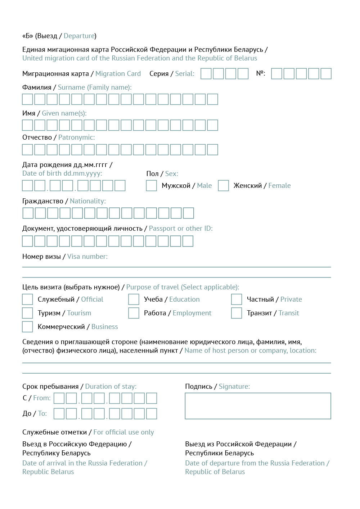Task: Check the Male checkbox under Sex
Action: [x=152, y=186]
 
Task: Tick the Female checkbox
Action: [x=224, y=186]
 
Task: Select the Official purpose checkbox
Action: [x=27, y=299]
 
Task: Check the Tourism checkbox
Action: [x=27, y=313]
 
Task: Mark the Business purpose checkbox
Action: [x=27, y=327]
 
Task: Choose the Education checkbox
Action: [x=134, y=299]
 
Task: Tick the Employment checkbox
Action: [x=134, y=313]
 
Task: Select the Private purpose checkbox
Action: [x=237, y=299]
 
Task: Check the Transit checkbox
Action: [x=237, y=313]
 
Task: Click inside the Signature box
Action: [x=258, y=406]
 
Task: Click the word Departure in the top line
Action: [x=79, y=36]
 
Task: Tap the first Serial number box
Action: [x=206, y=74]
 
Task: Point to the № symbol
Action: [x=261, y=73]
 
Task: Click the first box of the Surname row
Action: [x=27, y=99]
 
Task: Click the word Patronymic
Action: [x=77, y=138]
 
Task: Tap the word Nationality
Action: [x=88, y=201]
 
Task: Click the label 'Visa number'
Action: [x=87, y=257]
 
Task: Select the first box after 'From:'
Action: [x=59, y=398]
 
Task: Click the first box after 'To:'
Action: [x=59, y=414]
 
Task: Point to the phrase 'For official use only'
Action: [x=123, y=432]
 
